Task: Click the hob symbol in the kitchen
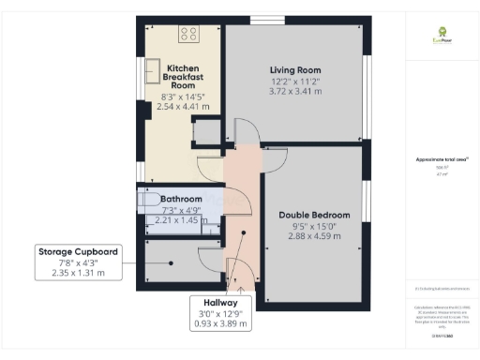[x=188, y=33]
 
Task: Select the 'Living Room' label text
[x=295, y=71]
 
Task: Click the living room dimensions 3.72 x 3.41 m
[x=295, y=92]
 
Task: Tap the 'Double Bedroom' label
[x=313, y=215]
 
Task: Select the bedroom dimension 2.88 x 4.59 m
[x=313, y=236]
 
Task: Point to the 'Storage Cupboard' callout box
[x=78, y=262]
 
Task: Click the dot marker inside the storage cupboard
[x=172, y=262]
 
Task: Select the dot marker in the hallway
[x=244, y=234]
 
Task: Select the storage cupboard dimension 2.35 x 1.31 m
[x=78, y=274]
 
